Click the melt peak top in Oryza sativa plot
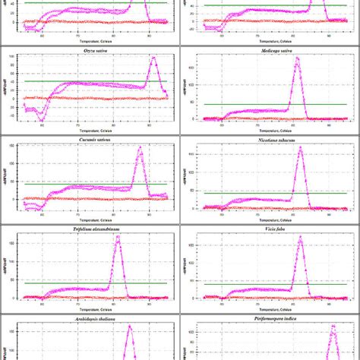(153, 58)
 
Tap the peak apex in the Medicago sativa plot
(298, 58)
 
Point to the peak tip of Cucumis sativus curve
(140, 147)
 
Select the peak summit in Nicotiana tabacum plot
(299, 147)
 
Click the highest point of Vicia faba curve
(300, 236)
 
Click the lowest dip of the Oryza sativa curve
(42, 120)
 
